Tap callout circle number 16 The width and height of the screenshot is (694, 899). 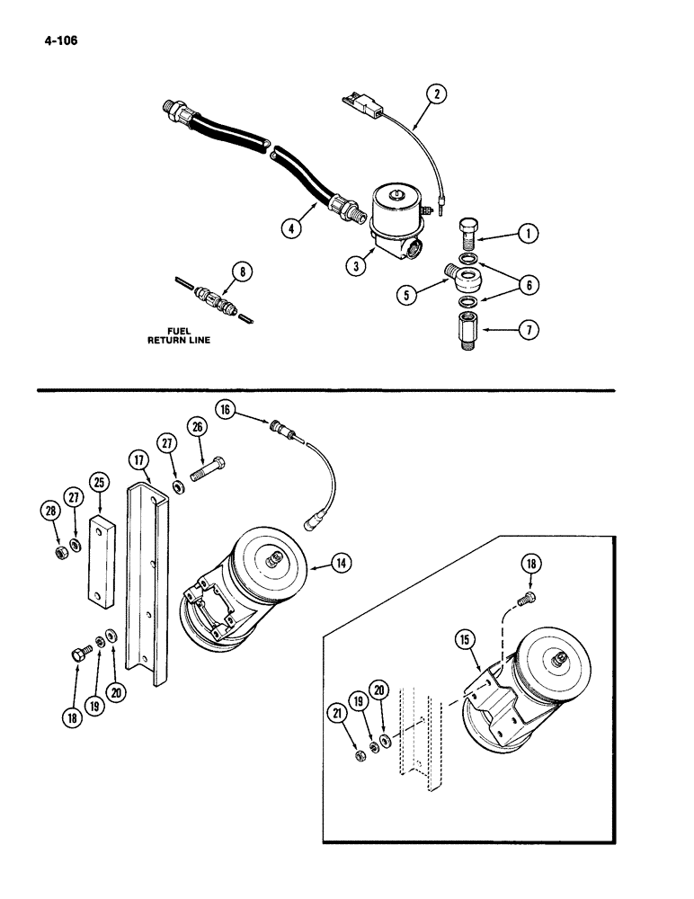225,410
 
